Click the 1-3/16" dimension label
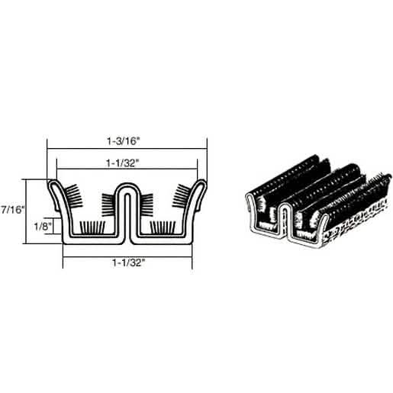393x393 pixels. click(x=124, y=140)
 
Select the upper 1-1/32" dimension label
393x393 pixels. click(x=124, y=163)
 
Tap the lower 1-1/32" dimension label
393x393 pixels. click(x=129, y=263)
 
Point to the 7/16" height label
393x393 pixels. click(x=12, y=210)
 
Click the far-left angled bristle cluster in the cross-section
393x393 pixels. click(x=74, y=195)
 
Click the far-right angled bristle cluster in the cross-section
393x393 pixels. click(x=181, y=195)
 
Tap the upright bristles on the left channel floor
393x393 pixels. click(x=92, y=227)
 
